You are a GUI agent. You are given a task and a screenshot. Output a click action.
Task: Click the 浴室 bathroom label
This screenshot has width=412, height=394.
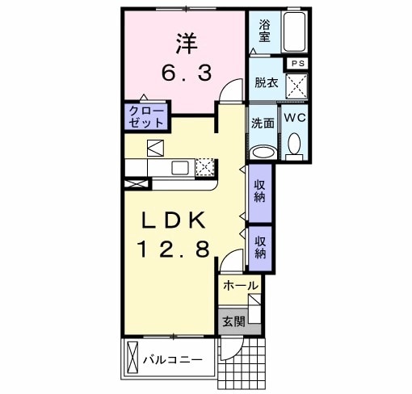coord(264,31)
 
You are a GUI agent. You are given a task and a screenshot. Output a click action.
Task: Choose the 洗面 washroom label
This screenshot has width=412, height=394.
coord(261,124)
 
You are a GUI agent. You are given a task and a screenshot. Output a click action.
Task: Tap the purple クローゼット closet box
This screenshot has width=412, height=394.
coord(146,116)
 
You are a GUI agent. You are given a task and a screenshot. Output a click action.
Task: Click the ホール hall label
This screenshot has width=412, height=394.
coord(240,286)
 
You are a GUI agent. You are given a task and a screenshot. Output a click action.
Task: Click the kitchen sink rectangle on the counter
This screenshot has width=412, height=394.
coord(179,167)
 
